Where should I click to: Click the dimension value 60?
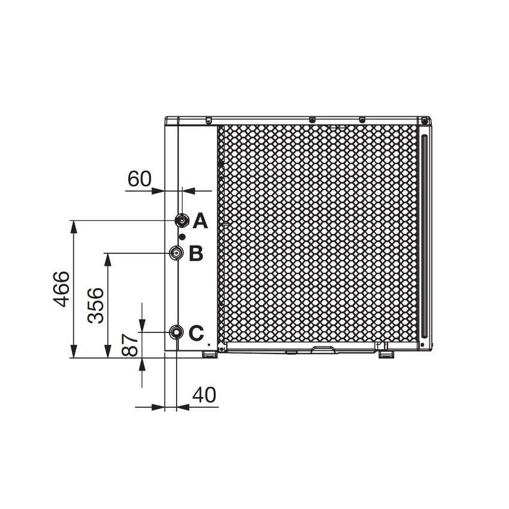click(x=140, y=178)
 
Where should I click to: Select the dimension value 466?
click(x=61, y=289)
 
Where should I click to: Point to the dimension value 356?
click(x=96, y=305)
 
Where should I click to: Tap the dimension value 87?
click(x=130, y=345)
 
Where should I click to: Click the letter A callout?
click(x=200, y=222)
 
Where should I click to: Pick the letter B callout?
click(x=196, y=254)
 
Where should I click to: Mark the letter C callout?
click(x=196, y=333)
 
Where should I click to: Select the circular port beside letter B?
click(x=176, y=253)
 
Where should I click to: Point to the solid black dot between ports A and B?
click(x=182, y=237)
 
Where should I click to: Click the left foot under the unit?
click(x=208, y=355)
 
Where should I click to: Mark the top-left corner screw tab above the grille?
click(x=208, y=120)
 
